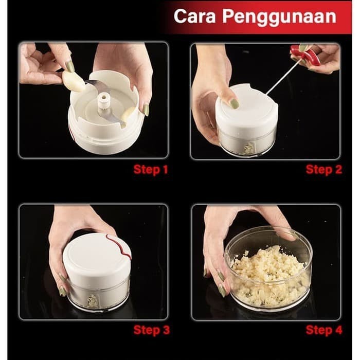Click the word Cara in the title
pyautogui.click(x=194, y=16)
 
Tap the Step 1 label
pyautogui.click(x=151, y=170)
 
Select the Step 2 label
pyautogui.click(x=323, y=170)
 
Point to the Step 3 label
pyautogui.click(x=152, y=330)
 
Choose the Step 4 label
pyautogui.click(x=324, y=330)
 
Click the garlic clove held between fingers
pyautogui.click(x=74, y=81)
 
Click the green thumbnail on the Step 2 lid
pyautogui.click(x=235, y=103)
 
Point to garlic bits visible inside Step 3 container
pyautogui.click(x=92, y=301)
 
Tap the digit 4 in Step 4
pyautogui.click(x=338, y=330)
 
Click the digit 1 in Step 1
pyautogui.click(x=165, y=170)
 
